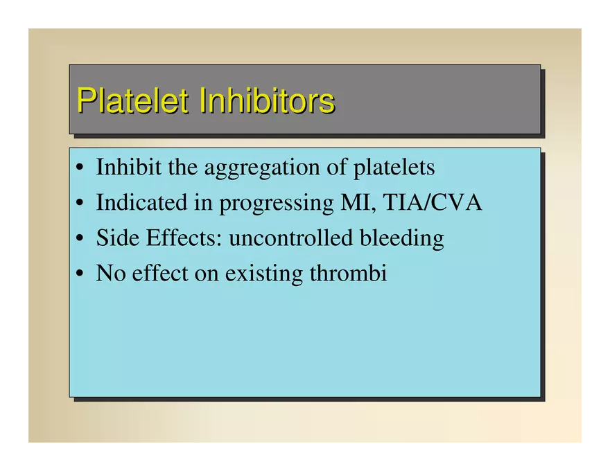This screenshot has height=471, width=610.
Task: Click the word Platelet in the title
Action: coord(132,100)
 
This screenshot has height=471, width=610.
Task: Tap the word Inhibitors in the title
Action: coord(267,100)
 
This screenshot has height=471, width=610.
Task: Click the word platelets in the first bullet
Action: coord(394,168)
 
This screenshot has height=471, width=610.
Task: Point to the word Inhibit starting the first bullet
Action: coord(128,167)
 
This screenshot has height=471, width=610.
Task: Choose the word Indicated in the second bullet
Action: coord(141,202)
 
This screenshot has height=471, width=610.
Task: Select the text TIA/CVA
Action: coord(433,202)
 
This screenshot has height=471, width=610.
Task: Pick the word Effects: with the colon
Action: coord(184,238)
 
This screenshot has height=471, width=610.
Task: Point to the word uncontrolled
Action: coord(290,238)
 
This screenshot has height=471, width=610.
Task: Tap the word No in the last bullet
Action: coord(111,273)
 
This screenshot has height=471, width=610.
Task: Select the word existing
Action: coord(264,275)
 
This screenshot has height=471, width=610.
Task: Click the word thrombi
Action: coord(348,273)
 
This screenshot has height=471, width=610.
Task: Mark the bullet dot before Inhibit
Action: coord(80,168)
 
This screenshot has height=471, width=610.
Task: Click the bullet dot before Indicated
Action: coord(80,203)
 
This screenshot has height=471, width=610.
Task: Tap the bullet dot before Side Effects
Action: coord(80,238)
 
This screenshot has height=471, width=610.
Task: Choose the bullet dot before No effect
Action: coord(80,273)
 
